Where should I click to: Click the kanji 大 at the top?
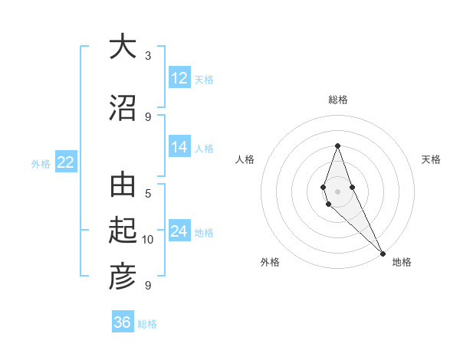point(122,47)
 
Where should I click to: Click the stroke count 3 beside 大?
point(148,56)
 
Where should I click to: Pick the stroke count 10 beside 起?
point(148,240)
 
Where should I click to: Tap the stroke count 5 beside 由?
point(148,194)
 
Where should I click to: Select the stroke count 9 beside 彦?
point(148,286)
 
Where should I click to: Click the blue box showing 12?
point(179,78)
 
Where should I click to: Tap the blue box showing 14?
point(179,147)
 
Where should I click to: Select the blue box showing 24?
point(179,231)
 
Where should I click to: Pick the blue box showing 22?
point(65,162)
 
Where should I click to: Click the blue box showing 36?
point(123,322)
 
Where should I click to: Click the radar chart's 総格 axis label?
point(338,100)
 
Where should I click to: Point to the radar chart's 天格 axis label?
point(432,159)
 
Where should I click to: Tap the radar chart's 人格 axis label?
point(245,159)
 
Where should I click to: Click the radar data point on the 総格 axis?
point(337,146)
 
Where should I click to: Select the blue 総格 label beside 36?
point(147,324)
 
